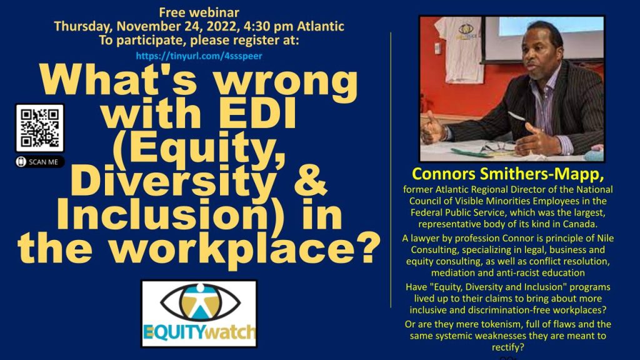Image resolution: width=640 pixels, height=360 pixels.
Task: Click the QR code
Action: (x=39, y=127)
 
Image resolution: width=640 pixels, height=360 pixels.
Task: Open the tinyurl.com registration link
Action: (x=199, y=56)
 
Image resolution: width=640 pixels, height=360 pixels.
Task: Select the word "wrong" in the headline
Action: (x=286, y=82)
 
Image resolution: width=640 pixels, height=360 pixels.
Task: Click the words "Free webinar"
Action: (x=199, y=12)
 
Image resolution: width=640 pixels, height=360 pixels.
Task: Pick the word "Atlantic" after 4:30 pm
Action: (x=321, y=26)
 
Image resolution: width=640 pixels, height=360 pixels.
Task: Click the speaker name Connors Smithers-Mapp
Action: (x=507, y=174)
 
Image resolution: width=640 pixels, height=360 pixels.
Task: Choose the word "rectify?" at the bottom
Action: (x=507, y=347)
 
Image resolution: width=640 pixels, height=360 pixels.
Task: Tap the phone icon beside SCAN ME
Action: (x=21, y=162)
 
